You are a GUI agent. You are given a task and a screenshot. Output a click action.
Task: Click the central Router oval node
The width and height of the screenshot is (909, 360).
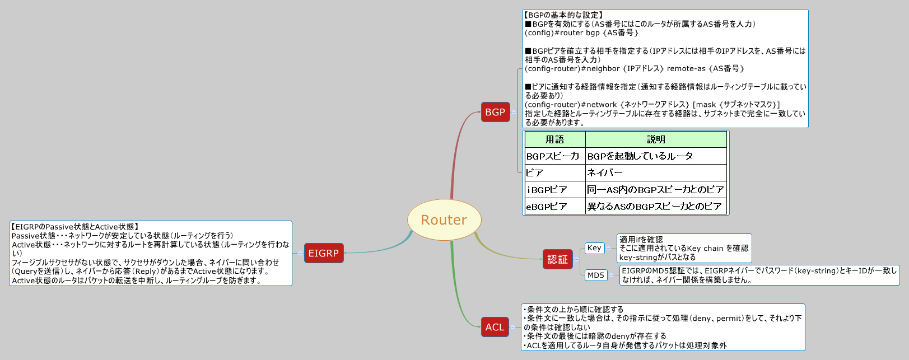pyautogui.click(x=444, y=220)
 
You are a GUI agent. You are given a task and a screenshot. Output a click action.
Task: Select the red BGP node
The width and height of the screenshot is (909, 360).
pyautogui.click(x=495, y=112)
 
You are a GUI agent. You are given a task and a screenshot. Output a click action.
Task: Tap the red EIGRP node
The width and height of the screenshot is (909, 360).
pyautogui.click(x=323, y=253)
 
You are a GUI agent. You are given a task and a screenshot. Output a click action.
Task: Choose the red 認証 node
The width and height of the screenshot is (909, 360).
pyautogui.click(x=557, y=259)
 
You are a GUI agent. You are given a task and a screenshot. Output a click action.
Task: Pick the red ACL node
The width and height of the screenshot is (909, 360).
pyautogui.click(x=495, y=327)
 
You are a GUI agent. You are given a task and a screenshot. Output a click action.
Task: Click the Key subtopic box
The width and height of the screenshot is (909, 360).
pyautogui.click(x=594, y=248)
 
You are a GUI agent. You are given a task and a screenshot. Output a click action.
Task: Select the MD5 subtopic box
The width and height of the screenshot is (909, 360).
pyautogui.click(x=595, y=275)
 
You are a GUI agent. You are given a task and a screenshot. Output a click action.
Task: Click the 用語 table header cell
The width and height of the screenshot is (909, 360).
pyautogui.click(x=554, y=139)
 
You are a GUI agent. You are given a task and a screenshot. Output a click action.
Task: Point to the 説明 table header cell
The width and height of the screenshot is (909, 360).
pyautogui.click(x=656, y=139)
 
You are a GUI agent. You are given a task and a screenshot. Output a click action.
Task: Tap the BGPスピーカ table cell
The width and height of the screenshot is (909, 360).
pyautogui.click(x=553, y=156)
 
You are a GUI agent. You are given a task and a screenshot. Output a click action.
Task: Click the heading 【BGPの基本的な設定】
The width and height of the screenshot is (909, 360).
pyautogui.click(x=563, y=15)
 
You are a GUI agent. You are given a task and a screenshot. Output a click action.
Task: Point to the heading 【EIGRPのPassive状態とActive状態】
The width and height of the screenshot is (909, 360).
pyautogui.click(x=75, y=227)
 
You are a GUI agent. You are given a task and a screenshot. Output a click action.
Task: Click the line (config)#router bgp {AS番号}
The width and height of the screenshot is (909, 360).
pyautogui.click(x=581, y=33)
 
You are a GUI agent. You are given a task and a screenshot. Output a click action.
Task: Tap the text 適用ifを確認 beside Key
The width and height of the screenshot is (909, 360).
pyautogui.click(x=641, y=240)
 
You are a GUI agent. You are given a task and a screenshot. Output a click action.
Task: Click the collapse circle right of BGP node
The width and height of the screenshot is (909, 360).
pyautogui.click(x=514, y=112)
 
